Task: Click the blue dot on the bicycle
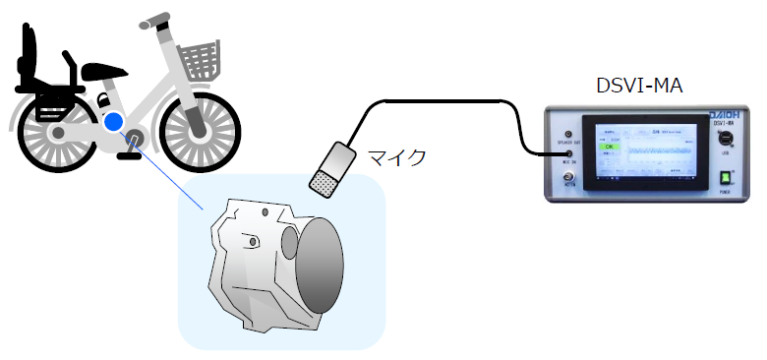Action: [x=114, y=122]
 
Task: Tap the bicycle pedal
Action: [x=127, y=152]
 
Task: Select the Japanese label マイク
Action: [x=396, y=157]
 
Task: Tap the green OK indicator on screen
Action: [x=609, y=148]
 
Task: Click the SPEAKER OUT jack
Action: [x=568, y=133]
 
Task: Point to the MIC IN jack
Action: [x=568, y=154]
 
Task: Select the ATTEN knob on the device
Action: [x=568, y=178]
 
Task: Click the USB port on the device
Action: [x=725, y=139]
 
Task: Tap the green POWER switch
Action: [x=725, y=178]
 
